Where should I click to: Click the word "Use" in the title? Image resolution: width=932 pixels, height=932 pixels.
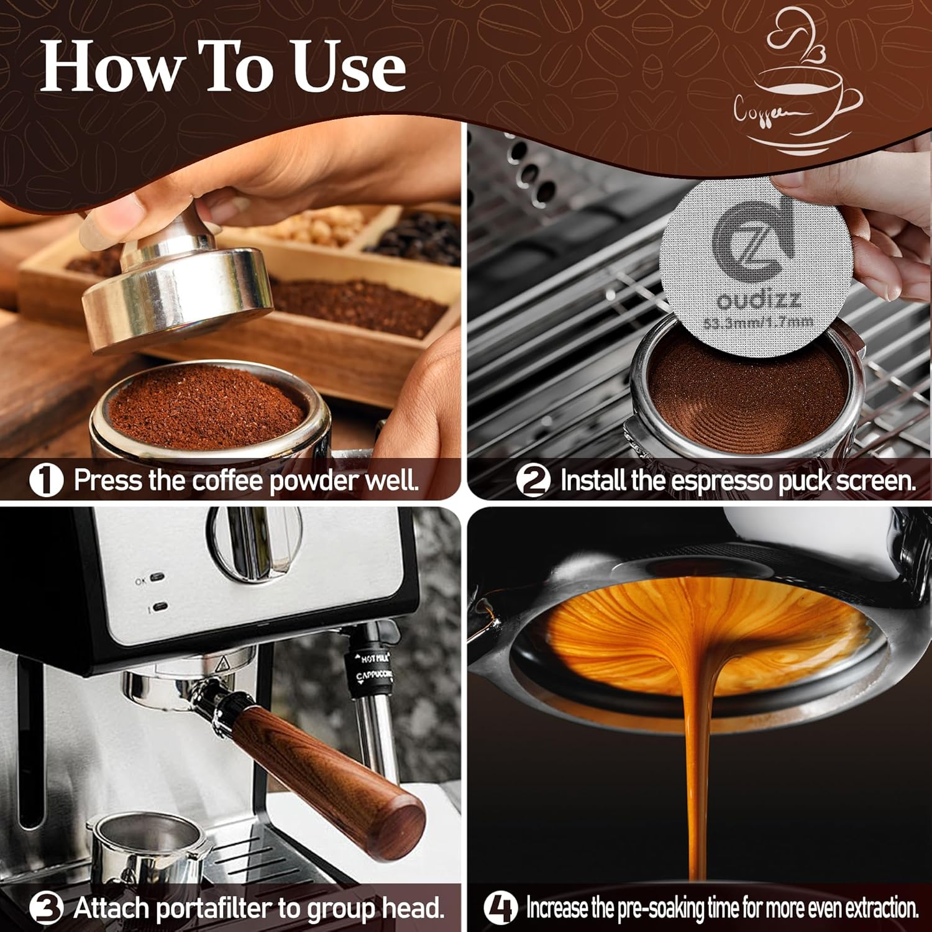click(349, 68)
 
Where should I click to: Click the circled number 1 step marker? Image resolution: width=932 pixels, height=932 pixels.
click(46, 480)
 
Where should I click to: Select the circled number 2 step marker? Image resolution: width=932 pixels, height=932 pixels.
click(532, 481)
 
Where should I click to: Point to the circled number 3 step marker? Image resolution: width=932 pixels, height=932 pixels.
click(46, 909)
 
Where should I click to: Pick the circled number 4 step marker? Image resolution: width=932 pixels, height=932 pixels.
click(500, 908)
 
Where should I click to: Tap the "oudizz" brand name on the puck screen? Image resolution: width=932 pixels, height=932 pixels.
click(758, 301)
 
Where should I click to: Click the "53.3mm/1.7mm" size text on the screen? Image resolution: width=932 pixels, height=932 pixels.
click(758, 322)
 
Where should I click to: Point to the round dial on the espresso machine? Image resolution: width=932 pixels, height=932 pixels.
click(255, 544)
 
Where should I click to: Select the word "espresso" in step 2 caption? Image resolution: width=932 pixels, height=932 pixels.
click(721, 481)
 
